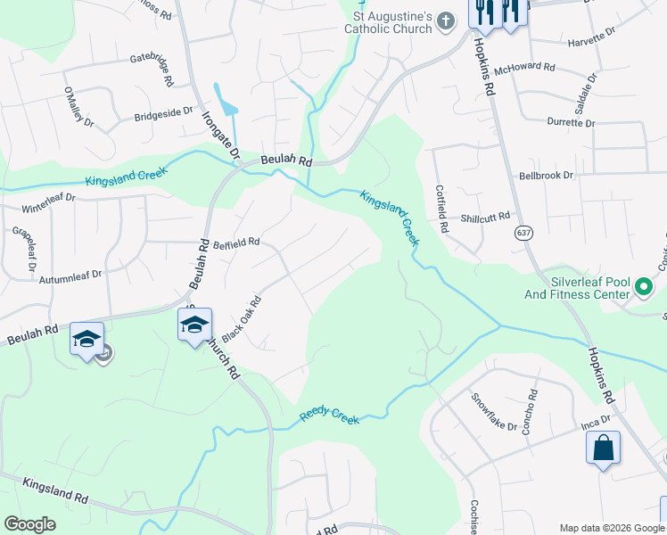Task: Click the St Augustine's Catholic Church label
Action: [389, 22]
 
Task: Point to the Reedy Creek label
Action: [329, 414]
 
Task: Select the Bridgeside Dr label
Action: [163, 113]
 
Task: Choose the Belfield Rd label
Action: [236, 243]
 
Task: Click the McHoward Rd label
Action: [525, 68]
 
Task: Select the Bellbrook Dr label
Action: [546, 177]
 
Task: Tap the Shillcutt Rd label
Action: [485, 218]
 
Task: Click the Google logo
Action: [29, 524]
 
